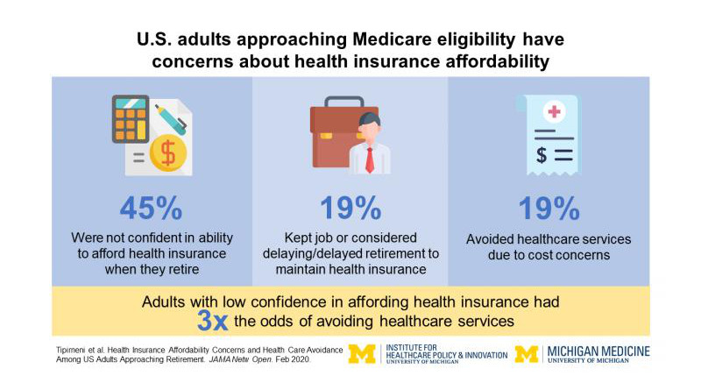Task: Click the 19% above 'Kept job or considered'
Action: [350, 209]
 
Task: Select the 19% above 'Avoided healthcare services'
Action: [549, 209]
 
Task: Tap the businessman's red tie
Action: [371, 159]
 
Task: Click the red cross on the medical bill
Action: [553, 110]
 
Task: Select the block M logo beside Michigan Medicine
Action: [527, 354]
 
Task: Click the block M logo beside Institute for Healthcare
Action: [362, 354]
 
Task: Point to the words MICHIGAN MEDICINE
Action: [599, 351]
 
